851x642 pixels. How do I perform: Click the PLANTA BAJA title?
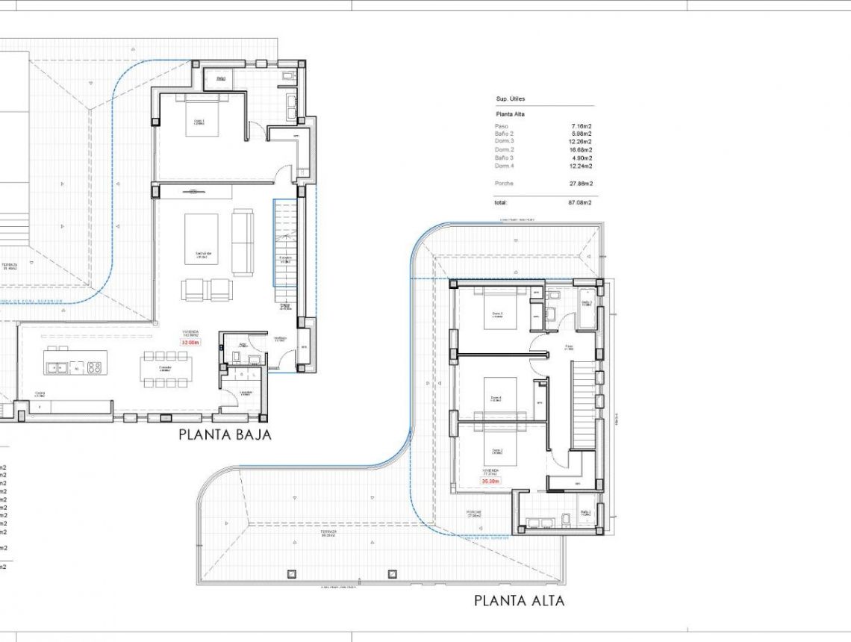click(224, 434)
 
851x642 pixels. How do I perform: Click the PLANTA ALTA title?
click(519, 600)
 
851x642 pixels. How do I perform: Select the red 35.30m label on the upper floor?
click(490, 481)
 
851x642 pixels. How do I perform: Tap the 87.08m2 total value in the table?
click(579, 202)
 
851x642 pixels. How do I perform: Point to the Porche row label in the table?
click(504, 184)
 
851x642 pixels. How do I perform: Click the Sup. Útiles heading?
click(511, 99)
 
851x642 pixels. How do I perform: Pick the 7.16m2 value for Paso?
click(581, 127)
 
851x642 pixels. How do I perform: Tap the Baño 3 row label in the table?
click(504, 158)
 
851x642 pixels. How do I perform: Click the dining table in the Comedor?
click(166, 369)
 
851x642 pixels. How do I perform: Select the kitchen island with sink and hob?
click(75, 363)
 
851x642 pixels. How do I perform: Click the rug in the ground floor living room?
click(202, 239)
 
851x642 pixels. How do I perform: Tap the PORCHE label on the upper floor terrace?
click(474, 513)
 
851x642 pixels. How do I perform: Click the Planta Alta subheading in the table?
click(510, 114)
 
